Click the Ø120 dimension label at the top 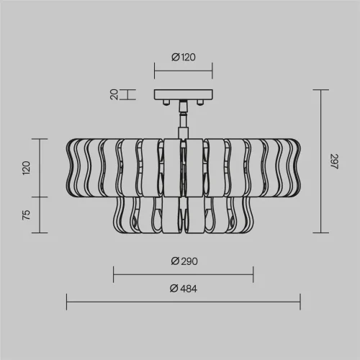pos(184,57)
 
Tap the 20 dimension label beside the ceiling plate pos(114,94)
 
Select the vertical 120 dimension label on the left pos(27,168)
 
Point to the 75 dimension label pos(27,215)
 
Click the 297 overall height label pos(334,161)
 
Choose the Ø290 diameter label pos(184,261)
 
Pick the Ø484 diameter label pos(184,288)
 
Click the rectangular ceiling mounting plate pos(184,94)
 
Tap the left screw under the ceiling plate pos(166,102)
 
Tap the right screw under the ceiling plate pos(199,102)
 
